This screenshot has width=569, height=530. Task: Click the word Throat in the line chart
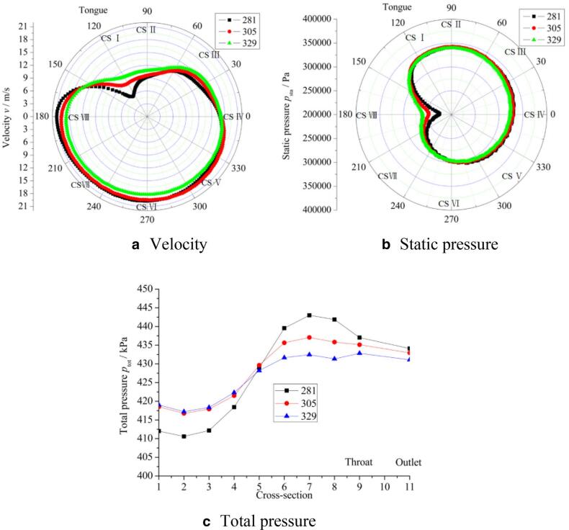point(359,462)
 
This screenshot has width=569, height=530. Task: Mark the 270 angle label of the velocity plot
point(148,219)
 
